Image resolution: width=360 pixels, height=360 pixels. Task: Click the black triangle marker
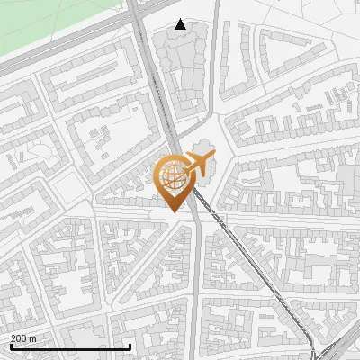click(x=181, y=24)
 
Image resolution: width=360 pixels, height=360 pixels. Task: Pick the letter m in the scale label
click(x=34, y=338)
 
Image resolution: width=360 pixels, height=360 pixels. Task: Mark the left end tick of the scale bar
click(x=11, y=346)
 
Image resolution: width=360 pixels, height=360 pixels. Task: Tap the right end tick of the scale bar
click(x=130, y=346)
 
